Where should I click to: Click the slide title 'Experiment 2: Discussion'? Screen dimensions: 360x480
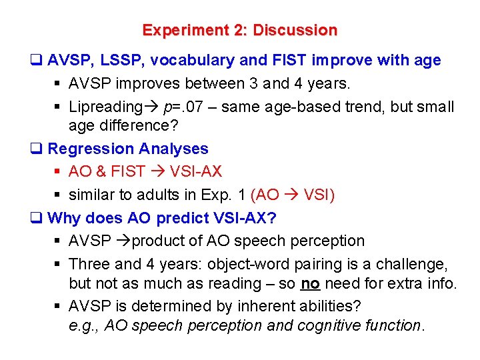pos(239,31)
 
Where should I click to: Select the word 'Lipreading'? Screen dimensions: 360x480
pos(105,107)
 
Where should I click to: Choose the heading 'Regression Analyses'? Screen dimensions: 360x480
pos(127,149)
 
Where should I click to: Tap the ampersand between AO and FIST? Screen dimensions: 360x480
pos(101,171)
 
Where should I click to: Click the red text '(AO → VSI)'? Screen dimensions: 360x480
pos(293,195)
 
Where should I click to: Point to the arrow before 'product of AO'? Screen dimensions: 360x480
pos(124,241)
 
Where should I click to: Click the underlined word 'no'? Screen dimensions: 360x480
pos(310,283)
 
